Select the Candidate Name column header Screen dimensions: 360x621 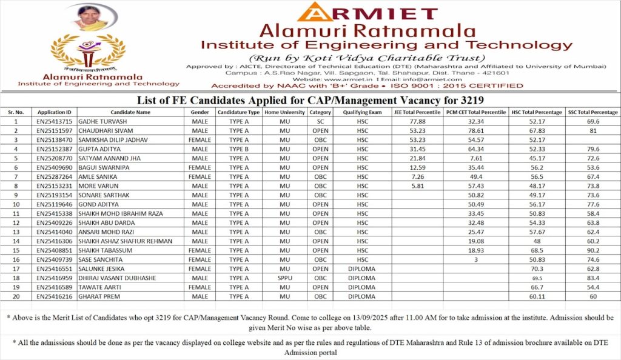(130, 112)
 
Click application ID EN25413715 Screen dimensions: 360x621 (54, 122)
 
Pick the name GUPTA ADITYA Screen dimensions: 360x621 (99, 149)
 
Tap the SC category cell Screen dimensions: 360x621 (320, 122)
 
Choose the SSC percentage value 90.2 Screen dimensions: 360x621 (592, 250)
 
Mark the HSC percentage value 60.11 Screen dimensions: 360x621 (535, 296)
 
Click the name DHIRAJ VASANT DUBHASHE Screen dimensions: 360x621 (117, 278)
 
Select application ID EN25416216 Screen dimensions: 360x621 (54, 296)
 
